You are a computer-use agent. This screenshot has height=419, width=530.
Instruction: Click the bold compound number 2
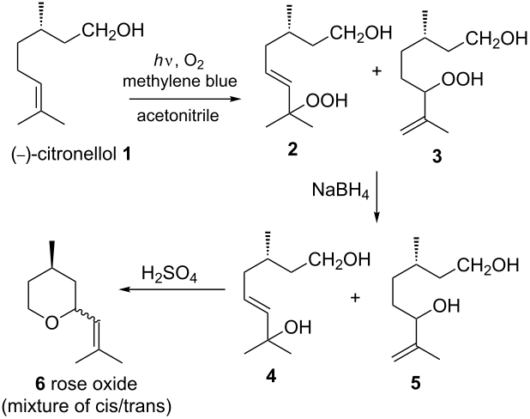(x=292, y=149)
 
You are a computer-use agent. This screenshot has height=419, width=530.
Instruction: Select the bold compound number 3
(x=437, y=157)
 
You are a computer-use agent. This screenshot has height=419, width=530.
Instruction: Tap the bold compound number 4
(x=271, y=376)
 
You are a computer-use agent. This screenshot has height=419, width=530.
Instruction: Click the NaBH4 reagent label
(x=340, y=191)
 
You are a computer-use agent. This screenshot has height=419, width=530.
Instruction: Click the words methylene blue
(x=180, y=82)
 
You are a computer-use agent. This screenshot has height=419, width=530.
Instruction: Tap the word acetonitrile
(x=178, y=116)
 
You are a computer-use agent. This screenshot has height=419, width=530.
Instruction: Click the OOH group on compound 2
(x=326, y=100)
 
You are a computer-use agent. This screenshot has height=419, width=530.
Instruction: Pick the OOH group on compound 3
(x=462, y=79)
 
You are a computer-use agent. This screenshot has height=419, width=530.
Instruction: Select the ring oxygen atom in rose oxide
(x=51, y=322)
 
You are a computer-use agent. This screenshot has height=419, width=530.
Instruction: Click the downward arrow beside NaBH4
(x=377, y=197)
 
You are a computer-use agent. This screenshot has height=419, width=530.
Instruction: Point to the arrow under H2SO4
(x=172, y=289)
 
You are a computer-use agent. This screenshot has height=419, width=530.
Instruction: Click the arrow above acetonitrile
(x=185, y=99)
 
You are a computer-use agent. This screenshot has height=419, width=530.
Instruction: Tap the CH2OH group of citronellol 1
(x=111, y=30)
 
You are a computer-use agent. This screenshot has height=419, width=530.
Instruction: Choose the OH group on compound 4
(x=298, y=327)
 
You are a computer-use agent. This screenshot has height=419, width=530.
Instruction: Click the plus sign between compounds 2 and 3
(x=376, y=71)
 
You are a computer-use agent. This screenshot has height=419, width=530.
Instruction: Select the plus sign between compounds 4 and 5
(x=355, y=298)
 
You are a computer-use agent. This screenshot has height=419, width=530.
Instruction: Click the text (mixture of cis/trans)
(x=87, y=406)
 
